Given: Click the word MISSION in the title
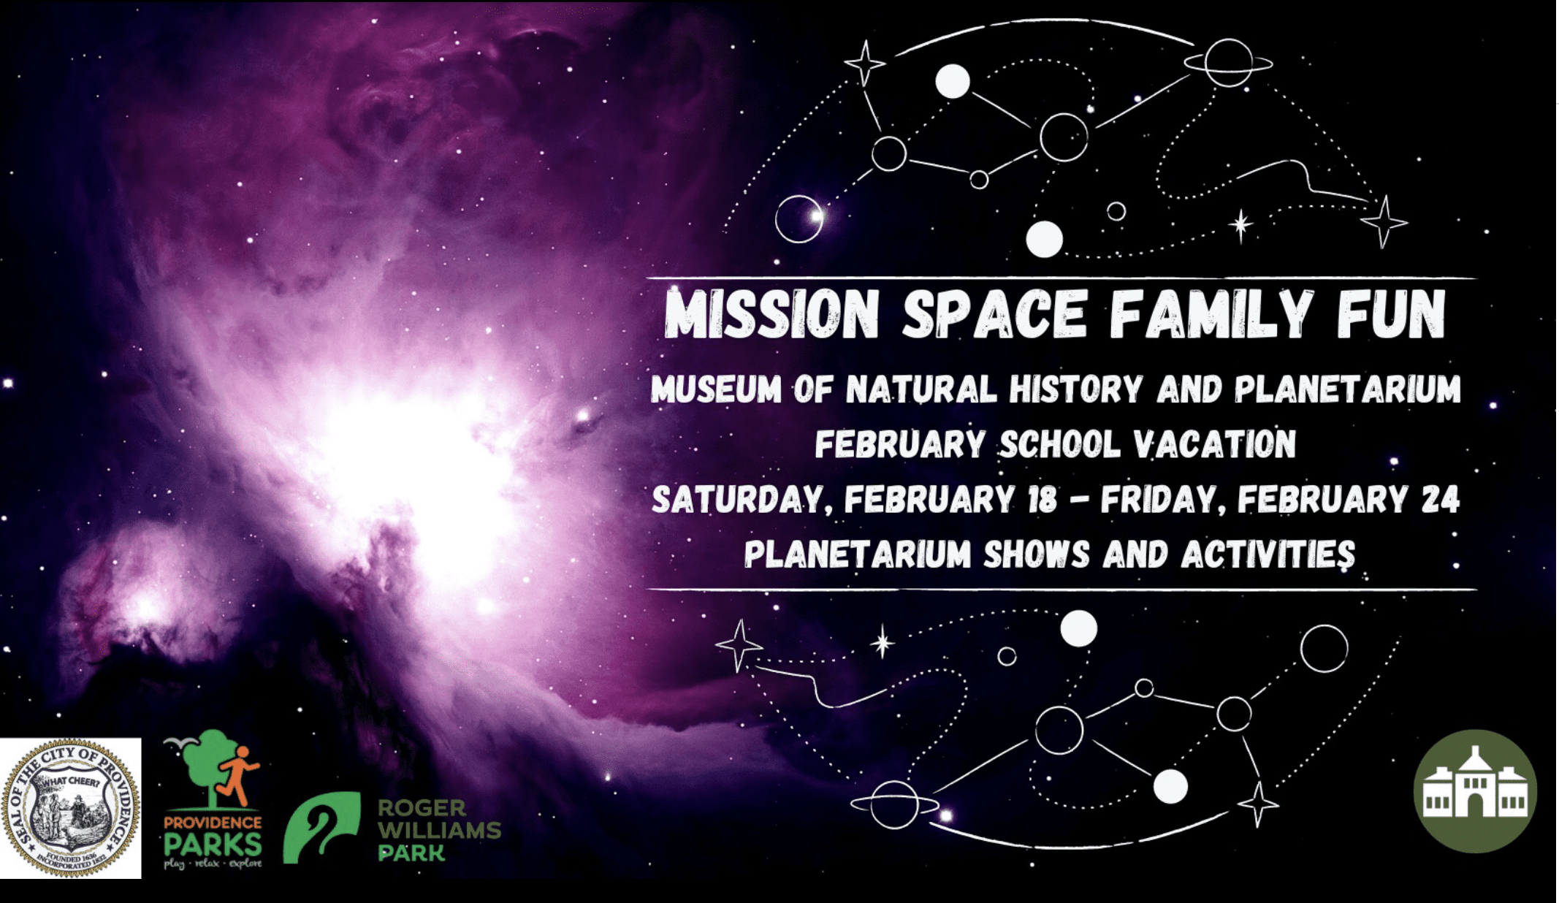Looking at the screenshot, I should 771,315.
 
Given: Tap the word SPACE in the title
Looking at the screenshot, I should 995,315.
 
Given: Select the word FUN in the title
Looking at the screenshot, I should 1391,315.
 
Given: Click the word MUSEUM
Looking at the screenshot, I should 716,389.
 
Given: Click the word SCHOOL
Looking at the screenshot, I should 1059,444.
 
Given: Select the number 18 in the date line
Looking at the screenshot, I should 1042,500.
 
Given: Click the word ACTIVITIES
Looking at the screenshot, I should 1268,555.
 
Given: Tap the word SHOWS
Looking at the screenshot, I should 1037,555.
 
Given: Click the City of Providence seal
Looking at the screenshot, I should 71,807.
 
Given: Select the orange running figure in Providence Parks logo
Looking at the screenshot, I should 236,774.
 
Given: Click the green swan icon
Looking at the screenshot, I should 321,828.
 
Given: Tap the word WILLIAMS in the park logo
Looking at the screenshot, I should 439,830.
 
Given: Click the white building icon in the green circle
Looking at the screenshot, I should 1475,791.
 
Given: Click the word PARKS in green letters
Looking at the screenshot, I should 213,845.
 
